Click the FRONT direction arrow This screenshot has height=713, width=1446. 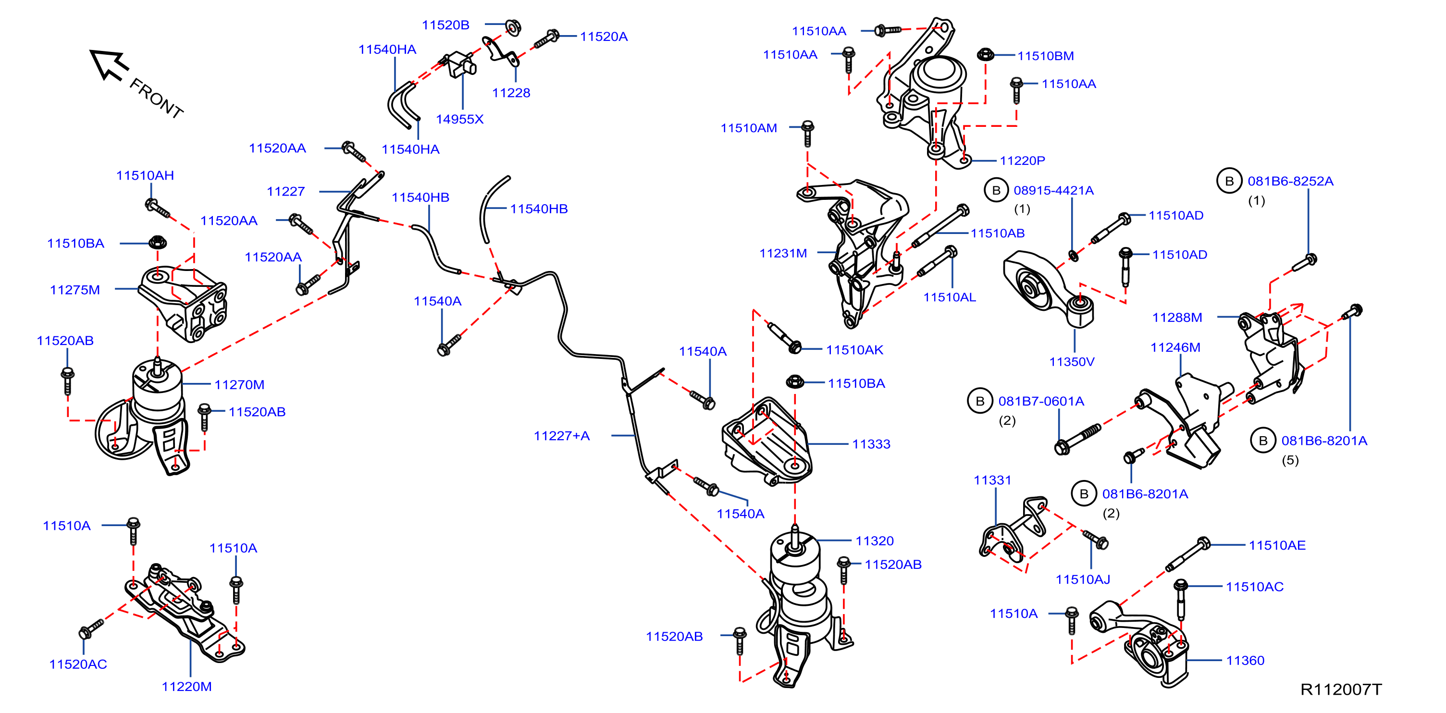click(110, 64)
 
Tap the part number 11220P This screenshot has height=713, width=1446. click(1022, 161)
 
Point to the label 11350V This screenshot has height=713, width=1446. click(1072, 362)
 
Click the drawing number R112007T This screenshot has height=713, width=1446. click(1341, 689)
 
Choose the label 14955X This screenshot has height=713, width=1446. click(460, 120)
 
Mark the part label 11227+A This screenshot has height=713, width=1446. click(561, 436)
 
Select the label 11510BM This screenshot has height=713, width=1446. click(1045, 56)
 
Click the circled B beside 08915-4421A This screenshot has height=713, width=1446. click(996, 190)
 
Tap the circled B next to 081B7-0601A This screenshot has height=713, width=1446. click(980, 401)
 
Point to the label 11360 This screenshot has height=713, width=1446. click(1245, 661)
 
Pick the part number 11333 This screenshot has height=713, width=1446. click(871, 444)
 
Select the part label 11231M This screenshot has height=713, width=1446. click(783, 254)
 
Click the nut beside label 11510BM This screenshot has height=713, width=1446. click(985, 54)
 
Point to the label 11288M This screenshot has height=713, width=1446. click(1177, 318)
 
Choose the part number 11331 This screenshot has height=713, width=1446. click(992, 480)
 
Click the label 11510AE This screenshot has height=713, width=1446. click(1277, 546)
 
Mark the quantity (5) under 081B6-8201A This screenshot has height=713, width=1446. click(1290, 460)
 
